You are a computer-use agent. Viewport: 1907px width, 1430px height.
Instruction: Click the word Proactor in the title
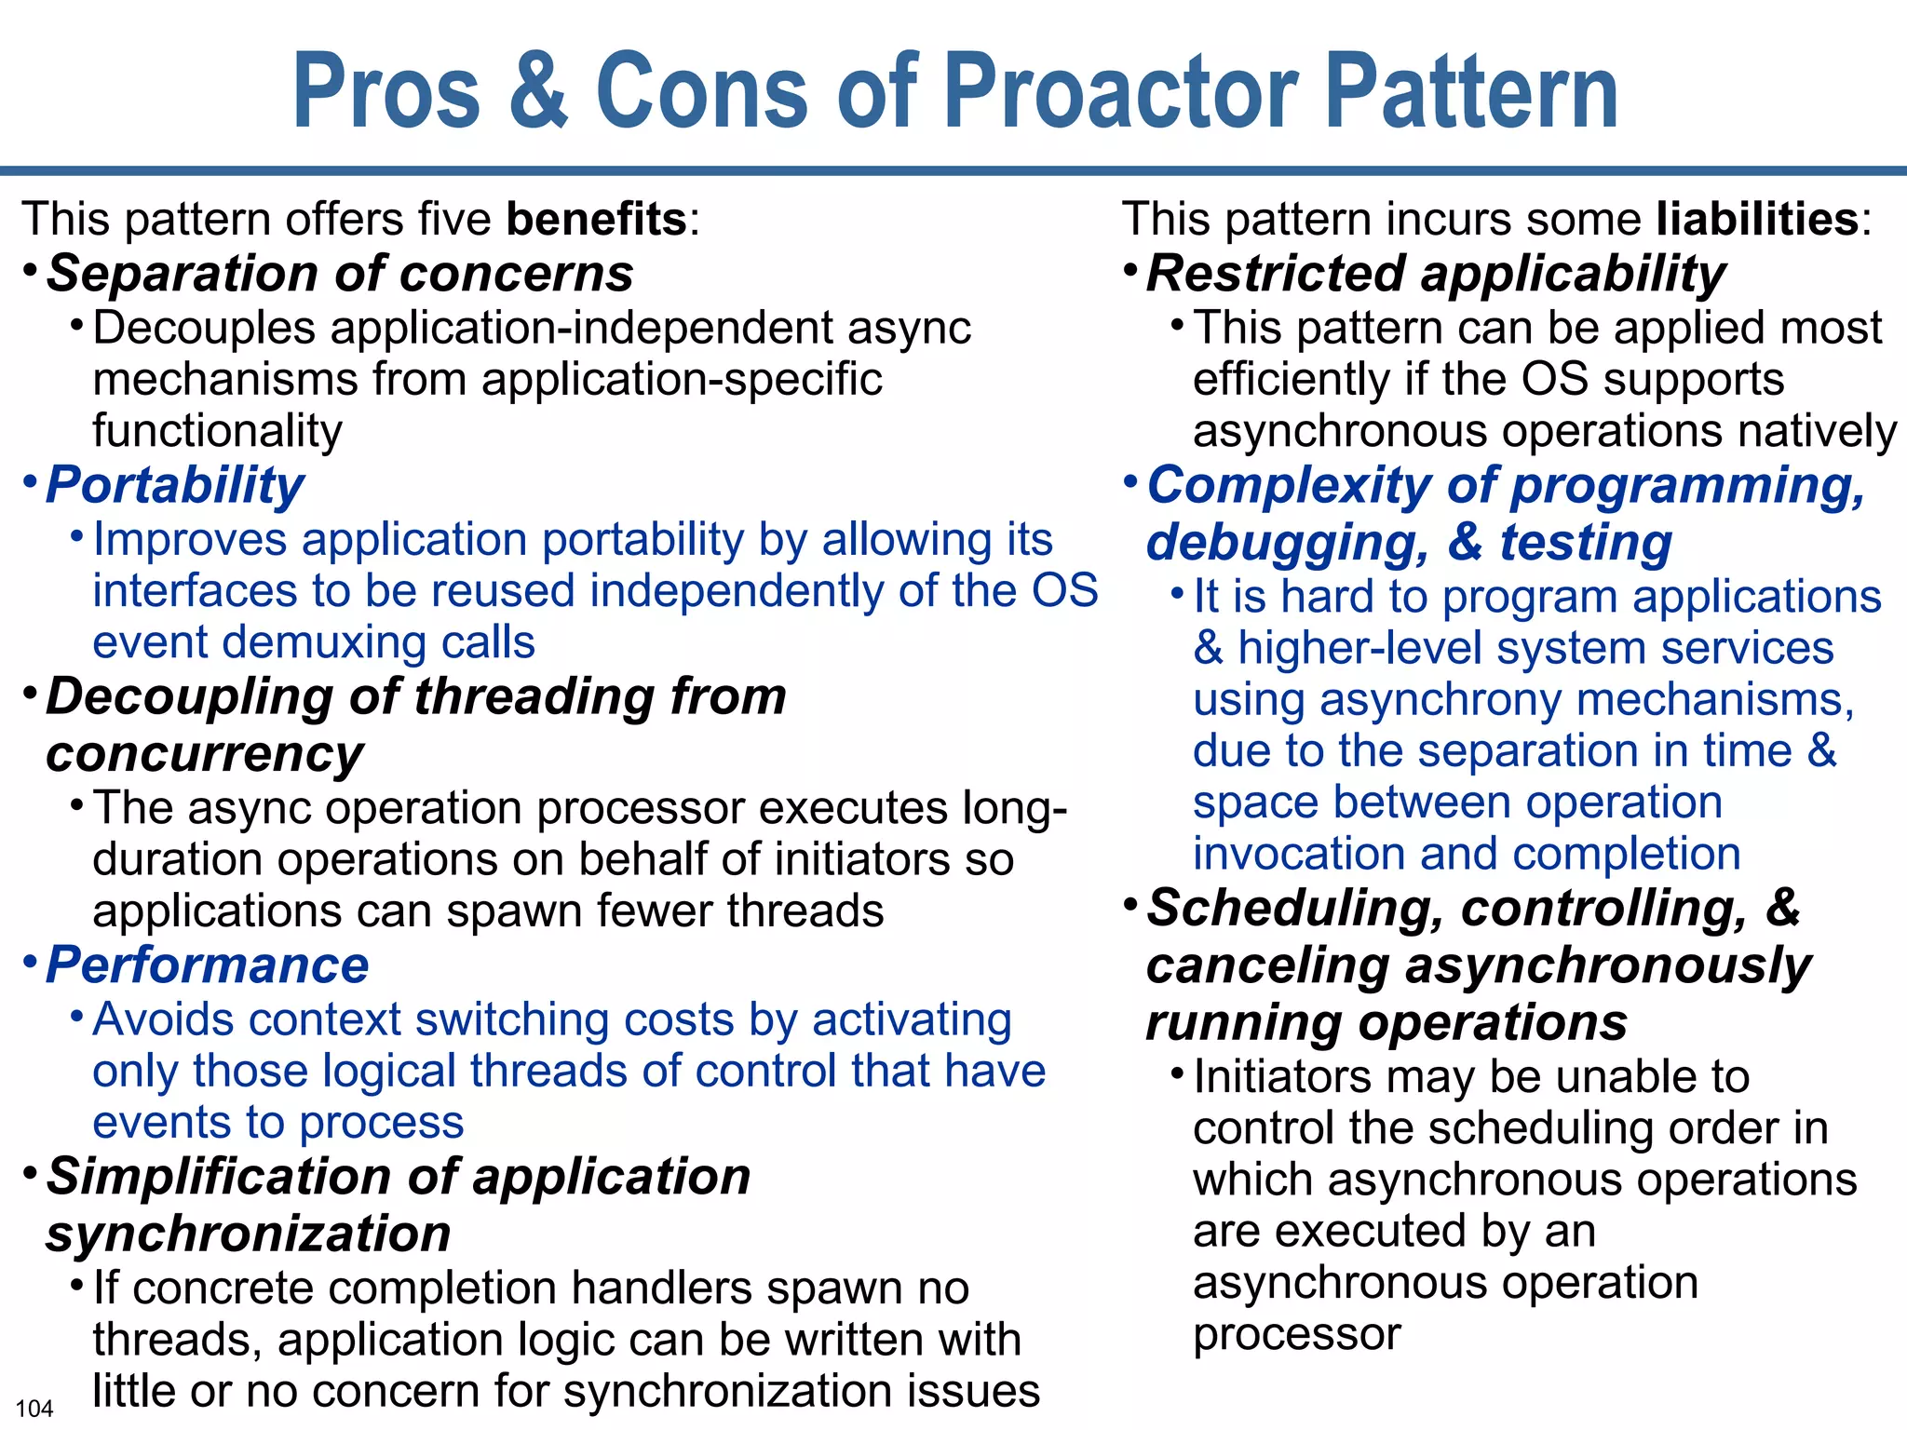tap(1122, 93)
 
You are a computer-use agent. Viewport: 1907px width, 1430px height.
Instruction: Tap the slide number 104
tap(34, 1409)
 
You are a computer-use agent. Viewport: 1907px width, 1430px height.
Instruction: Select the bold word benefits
tap(596, 220)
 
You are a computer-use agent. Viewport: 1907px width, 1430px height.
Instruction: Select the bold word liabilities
tap(1757, 220)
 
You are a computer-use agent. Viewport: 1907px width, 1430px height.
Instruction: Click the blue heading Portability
tap(175, 485)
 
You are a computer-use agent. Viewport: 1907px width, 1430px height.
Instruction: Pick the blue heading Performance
tap(208, 965)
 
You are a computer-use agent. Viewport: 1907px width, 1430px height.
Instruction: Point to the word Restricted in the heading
tap(1274, 274)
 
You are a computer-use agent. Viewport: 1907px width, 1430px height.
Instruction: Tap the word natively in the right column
tap(1825, 431)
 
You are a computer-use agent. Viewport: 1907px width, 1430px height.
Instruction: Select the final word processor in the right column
tap(1296, 1335)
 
